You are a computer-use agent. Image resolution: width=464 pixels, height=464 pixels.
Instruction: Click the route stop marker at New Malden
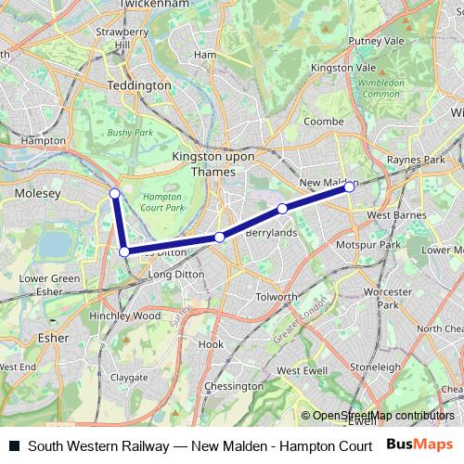350,187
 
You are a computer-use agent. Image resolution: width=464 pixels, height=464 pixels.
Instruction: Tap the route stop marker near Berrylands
282,209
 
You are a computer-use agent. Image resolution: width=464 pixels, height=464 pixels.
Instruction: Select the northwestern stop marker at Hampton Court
114,193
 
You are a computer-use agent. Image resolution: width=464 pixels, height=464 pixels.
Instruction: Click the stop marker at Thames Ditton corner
124,251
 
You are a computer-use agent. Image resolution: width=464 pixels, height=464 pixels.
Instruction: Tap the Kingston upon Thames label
213,164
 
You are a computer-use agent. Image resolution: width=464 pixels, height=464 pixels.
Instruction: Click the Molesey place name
37,193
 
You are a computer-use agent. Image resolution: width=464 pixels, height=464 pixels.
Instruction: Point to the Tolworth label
276,297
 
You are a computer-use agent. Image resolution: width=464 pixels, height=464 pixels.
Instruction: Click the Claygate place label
128,378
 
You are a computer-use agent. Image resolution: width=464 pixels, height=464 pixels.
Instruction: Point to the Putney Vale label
377,41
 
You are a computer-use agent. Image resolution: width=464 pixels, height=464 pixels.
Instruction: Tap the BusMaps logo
419,445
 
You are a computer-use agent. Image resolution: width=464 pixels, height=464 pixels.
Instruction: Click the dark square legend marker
14,445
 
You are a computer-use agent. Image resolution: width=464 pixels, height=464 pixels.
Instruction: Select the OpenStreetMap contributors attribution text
382,416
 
